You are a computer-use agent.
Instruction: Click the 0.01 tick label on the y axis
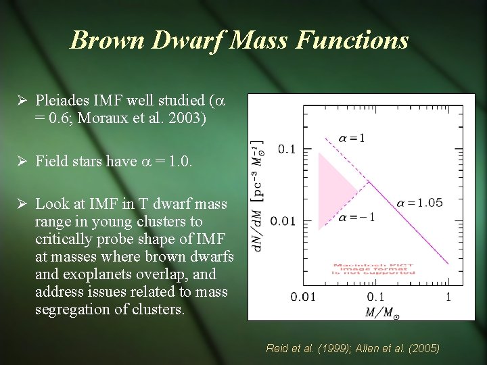(283, 221)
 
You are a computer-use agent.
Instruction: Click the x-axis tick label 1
(448, 297)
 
